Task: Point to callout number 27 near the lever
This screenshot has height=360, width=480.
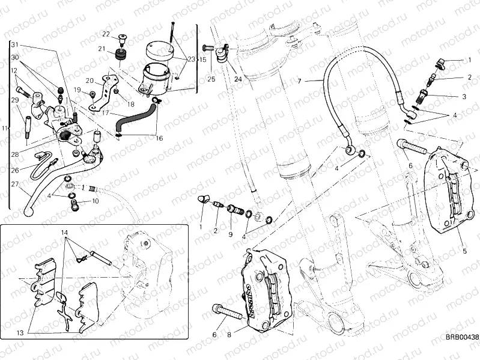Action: [14, 185]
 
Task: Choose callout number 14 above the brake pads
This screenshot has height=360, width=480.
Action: [65, 232]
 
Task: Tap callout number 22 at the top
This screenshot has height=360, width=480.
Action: [105, 34]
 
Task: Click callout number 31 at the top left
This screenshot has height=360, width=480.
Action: [15, 45]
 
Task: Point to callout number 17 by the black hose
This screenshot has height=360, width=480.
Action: [105, 112]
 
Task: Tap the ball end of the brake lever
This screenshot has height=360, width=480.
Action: [32, 210]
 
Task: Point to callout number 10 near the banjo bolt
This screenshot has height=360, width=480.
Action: [96, 201]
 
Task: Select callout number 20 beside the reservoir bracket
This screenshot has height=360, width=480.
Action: [88, 81]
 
